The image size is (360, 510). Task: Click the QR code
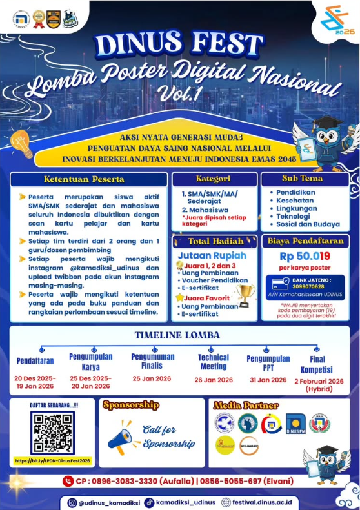(52, 433)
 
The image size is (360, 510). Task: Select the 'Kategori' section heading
(213, 179)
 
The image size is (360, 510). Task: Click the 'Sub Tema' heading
(306, 179)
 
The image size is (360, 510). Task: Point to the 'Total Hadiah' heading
(215, 241)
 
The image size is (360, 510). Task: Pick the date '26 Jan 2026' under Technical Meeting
(213, 380)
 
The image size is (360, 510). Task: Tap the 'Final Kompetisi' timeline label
(317, 364)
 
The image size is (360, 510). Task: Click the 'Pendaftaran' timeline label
(35, 361)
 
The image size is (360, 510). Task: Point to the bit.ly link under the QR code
(53, 461)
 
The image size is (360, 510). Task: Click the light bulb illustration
(21, 143)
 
